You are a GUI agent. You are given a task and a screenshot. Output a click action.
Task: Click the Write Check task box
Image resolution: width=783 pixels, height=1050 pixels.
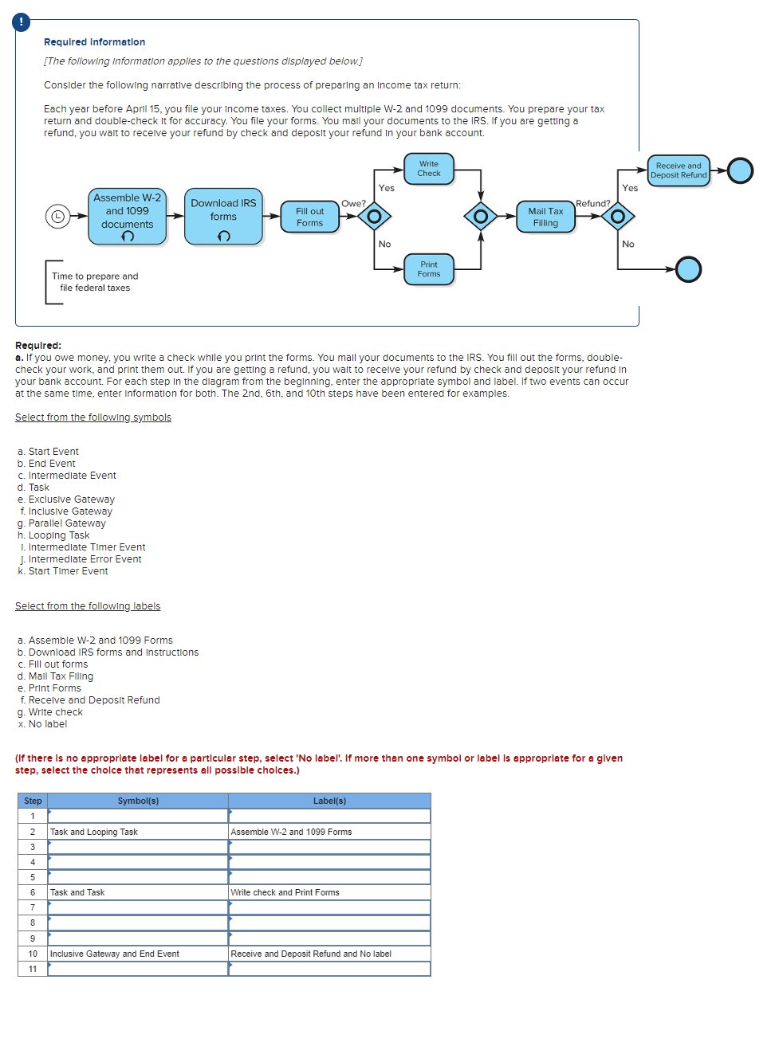click(428, 169)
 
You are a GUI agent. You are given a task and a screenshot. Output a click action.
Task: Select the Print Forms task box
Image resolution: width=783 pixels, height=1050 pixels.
click(428, 269)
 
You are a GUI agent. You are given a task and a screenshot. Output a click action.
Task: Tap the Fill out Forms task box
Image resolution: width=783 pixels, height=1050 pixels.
click(309, 217)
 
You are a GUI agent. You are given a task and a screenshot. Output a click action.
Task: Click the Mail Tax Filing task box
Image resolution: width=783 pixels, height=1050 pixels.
click(545, 217)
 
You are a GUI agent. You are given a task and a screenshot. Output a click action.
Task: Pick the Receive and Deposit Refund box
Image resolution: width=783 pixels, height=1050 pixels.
click(678, 170)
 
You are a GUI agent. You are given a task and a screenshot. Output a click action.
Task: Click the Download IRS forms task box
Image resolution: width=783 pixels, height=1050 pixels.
click(223, 216)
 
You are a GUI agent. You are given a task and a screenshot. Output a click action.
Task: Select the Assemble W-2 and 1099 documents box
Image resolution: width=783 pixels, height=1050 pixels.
click(127, 216)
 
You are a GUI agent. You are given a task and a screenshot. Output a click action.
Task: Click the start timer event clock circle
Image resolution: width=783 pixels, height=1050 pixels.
click(57, 216)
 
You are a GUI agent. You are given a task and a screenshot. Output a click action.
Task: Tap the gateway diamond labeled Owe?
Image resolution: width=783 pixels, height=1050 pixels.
click(374, 216)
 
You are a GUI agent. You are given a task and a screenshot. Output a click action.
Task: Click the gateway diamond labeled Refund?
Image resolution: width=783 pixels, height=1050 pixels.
click(617, 216)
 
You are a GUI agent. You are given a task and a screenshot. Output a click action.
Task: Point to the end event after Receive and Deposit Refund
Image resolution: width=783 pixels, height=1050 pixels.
click(740, 170)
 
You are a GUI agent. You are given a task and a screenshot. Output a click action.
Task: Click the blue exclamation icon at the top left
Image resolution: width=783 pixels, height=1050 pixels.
click(22, 22)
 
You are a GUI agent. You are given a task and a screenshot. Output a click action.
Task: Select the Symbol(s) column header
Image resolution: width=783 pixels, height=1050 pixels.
click(138, 801)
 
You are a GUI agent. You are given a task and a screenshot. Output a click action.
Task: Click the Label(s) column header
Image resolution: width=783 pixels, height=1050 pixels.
click(329, 801)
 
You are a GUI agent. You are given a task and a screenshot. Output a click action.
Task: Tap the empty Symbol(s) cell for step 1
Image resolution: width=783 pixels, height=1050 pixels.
click(138, 816)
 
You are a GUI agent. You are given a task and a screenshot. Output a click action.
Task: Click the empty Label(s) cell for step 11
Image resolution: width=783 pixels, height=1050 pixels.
click(329, 969)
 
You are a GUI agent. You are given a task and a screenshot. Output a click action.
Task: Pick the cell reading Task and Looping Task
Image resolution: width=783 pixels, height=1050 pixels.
click(138, 832)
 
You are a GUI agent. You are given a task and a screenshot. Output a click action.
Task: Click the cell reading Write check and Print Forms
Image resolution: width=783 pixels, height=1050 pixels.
click(329, 892)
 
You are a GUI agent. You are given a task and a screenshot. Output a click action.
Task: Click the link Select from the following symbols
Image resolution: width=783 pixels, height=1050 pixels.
click(93, 417)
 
